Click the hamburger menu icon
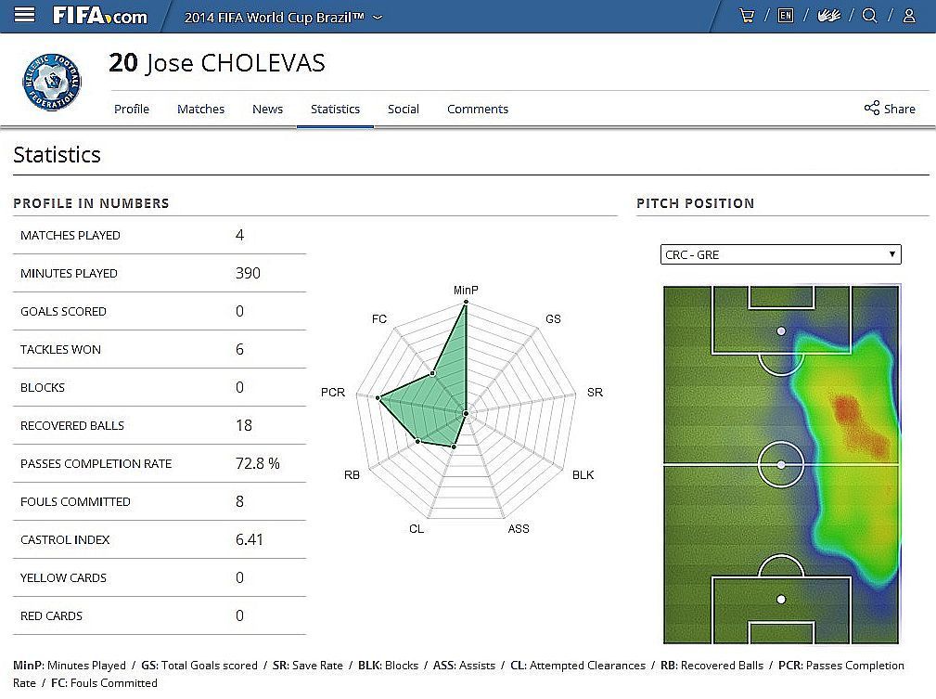(x=25, y=16)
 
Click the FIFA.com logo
(x=100, y=16)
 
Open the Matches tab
(x=200, y=109)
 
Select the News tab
(x=267, y=109)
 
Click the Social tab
(x=404, y=109)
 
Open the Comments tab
(x=478, y=109)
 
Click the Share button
(x=890, y=109)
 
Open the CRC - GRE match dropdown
(x=780, y=254)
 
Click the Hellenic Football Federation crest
(x=52, y=82)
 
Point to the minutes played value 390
(x=248, y=273)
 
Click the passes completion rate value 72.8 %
(x=257, y=463)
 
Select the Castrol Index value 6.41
(x=250, y=539)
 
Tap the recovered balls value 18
(x=244, y=425)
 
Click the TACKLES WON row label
(x=60, y=349)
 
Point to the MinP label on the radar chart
(x=466, y=291)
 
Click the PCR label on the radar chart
(x=333, y=393)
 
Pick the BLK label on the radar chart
(x=583, y=475)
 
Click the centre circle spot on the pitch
(x=781, y=463)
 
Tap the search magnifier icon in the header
(x=869, y=16)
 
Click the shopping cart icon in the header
(x=746, y=16)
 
